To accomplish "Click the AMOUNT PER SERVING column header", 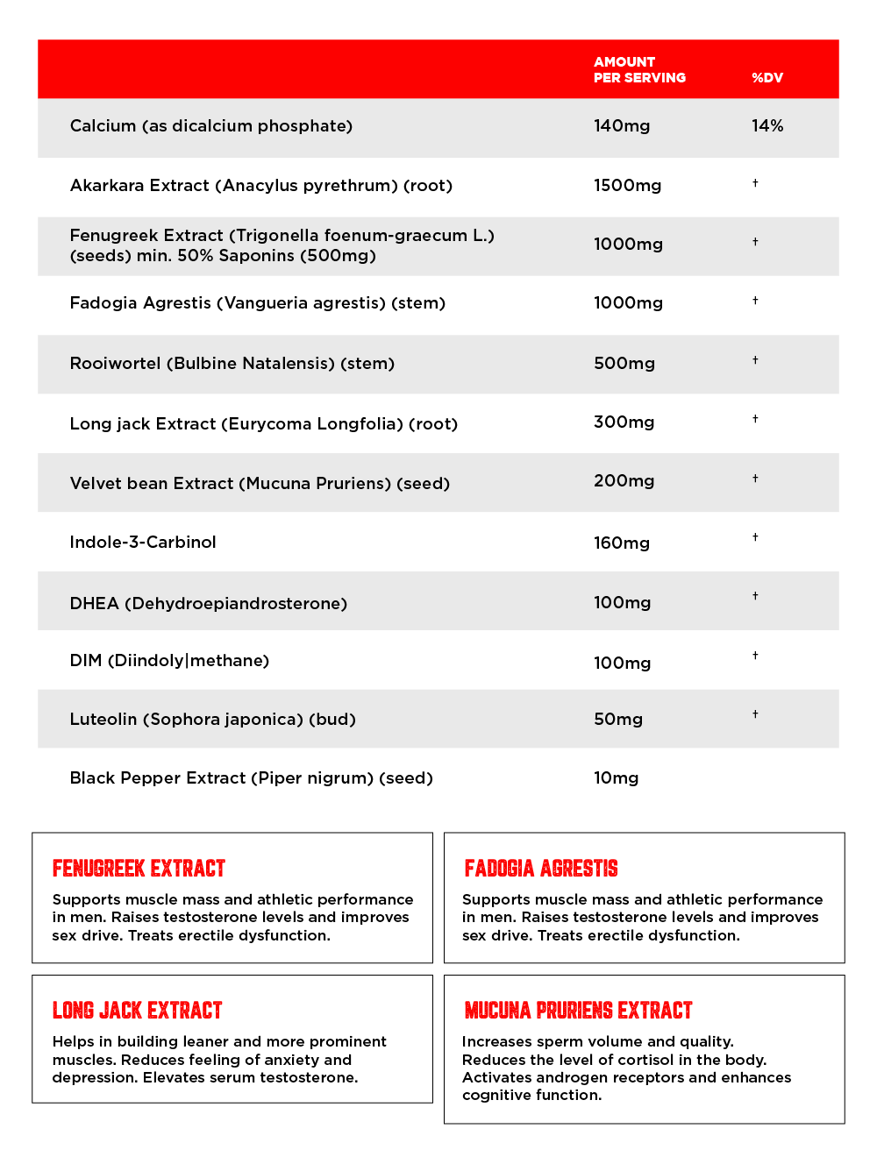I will click(x=639, y=70).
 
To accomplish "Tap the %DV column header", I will click(x=766, y=78).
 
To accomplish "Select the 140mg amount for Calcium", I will click(x=622, y=126).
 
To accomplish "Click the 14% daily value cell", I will click(x=767, y=126).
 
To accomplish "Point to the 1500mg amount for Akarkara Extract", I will click(x=627, y=186).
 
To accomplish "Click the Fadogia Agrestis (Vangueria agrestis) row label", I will click(x=258, y=303).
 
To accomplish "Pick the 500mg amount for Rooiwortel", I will click(x=624, y=364).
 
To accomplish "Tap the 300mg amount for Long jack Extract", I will click(x=624, y=422).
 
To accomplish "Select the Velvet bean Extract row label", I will click(x=260, y=484).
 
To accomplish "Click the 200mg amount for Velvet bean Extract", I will click(x=624, y=481).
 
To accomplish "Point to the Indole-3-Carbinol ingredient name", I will click(x=143, y=543).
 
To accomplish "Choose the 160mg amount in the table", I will click(x=622, y=543).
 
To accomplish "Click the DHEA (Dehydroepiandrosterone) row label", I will click(x=209, y=604).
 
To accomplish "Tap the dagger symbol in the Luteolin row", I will click(x=755, y=714).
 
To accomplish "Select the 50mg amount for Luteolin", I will click(x=618, y=720).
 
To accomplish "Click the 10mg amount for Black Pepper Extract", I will click(x=616, y=778).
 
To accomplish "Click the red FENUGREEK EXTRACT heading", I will click(x=139, y=869).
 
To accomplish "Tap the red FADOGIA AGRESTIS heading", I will click(x=541, y=869).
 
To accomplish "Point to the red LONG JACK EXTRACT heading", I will click(x=138, y=1011).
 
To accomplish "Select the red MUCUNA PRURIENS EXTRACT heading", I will click(x=578, y=1011).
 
